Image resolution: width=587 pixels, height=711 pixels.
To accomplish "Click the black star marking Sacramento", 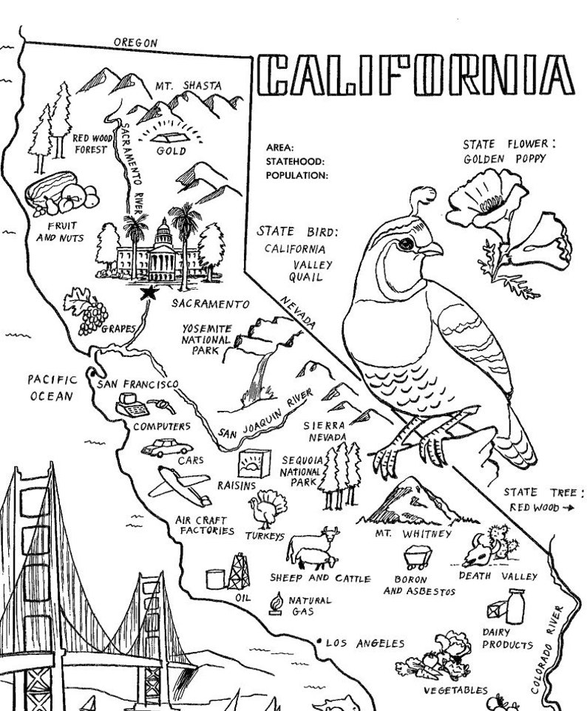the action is click(x=149, y=293).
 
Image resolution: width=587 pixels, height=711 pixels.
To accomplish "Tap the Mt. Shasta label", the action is click(x=186, y=86).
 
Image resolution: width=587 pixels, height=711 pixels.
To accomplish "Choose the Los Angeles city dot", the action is click(x=318, y=640).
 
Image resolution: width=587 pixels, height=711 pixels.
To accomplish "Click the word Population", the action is click(x=296, y=175).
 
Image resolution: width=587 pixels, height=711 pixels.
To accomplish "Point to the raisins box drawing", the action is click(x=248, y=464).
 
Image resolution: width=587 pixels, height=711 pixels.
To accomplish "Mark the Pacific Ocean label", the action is click(x=52, y=387).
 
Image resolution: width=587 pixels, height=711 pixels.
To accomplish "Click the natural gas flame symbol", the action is click(x=276, y=605).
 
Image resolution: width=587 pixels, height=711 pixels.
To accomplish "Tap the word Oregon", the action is click(x=135, y=43).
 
